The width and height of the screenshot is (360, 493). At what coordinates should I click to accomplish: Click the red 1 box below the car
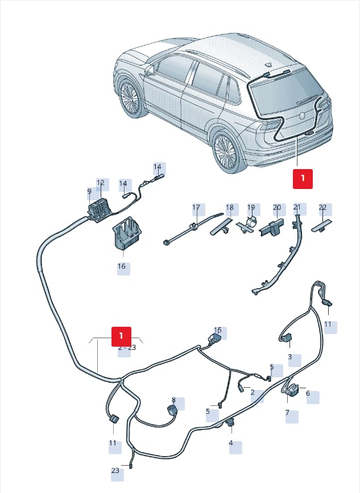click(303, 179)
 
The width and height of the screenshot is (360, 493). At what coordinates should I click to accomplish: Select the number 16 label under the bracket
click(122, 266)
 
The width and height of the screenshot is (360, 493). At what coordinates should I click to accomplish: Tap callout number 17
click(196, 208)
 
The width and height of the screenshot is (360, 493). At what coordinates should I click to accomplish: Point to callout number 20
click(277, 208)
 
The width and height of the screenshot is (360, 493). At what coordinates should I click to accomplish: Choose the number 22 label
click(322, 208)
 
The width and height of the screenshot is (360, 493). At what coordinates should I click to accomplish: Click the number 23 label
click(115, 471)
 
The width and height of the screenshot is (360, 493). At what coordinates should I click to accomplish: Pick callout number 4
click(231, 443)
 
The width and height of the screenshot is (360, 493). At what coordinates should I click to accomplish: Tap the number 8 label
click(173, 400)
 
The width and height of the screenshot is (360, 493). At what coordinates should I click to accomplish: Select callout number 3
click(289, 357)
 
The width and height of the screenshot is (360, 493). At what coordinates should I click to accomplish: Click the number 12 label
click(100, 183)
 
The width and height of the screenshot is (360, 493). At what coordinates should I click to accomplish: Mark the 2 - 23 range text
click(127, 347)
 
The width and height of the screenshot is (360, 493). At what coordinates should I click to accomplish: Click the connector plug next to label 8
click(172, 410)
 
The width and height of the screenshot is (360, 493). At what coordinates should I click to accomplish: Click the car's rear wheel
click(225, 151)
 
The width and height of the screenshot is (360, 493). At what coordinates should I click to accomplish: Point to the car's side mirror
click(150, 70)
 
